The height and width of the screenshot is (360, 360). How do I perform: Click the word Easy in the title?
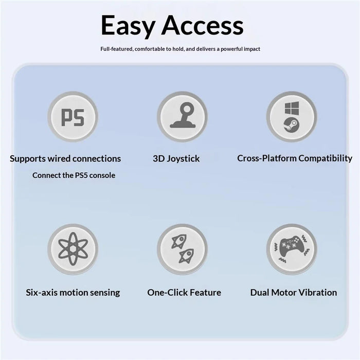[129, 26]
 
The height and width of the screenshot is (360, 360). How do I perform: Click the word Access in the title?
[203, 25]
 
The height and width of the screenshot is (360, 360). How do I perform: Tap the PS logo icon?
[73, 117]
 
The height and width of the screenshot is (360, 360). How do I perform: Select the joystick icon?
[183, 115]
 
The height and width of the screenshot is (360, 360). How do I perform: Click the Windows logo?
[292, 108]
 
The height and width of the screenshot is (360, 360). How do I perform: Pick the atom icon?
[73, 248]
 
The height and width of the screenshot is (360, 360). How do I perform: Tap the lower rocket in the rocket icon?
[186, 256]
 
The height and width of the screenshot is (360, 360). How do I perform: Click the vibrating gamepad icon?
[292, 249]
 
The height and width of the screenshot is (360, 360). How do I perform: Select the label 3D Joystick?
[176, 158]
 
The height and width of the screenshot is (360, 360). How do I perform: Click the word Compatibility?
[326, 158]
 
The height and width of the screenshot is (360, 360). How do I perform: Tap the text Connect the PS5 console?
[74, 175]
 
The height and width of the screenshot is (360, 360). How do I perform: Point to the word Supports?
[28, 159]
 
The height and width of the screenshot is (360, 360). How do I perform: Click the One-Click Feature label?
[184, 293]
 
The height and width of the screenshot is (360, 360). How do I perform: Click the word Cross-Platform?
[267, 158]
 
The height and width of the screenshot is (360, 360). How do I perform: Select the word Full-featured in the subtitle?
[116, 49]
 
